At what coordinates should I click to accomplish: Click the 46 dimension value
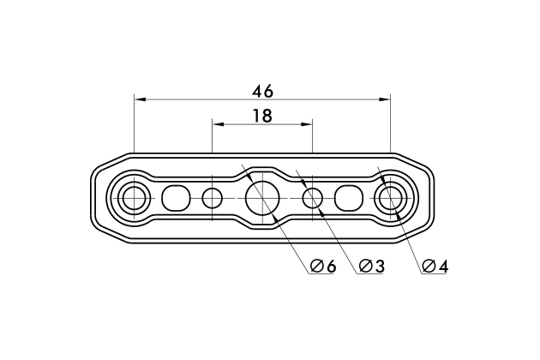263,92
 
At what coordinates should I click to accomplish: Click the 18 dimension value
263,116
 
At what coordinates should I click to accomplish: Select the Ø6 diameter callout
322,266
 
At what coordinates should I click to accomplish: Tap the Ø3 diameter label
371,266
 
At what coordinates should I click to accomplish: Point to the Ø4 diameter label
435,266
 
